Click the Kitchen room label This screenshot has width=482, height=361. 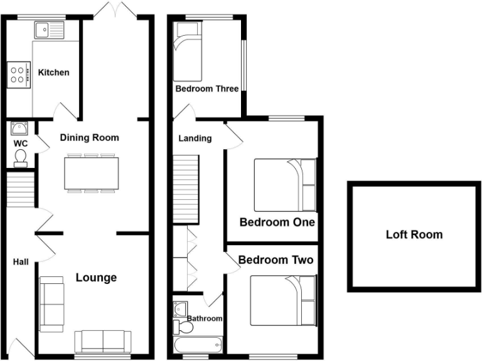point(53,73)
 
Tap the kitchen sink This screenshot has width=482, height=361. point(50,29)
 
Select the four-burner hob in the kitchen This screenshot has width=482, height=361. point(19,75)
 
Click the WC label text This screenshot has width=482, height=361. point(20,143)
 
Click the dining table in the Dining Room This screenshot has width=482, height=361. point(91,173)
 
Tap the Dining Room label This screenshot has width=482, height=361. point(89,137)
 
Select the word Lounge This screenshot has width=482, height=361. point(96,277)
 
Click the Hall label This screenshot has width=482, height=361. point(21,262)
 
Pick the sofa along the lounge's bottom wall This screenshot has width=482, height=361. point(103,341)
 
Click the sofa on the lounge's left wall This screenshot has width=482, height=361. point(51,304)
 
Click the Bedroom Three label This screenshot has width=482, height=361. point(206,89)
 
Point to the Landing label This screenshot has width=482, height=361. point(195,138)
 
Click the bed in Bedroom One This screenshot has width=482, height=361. point(285,186)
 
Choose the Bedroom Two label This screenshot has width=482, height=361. point(276,259)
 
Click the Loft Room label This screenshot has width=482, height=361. point(414,235)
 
